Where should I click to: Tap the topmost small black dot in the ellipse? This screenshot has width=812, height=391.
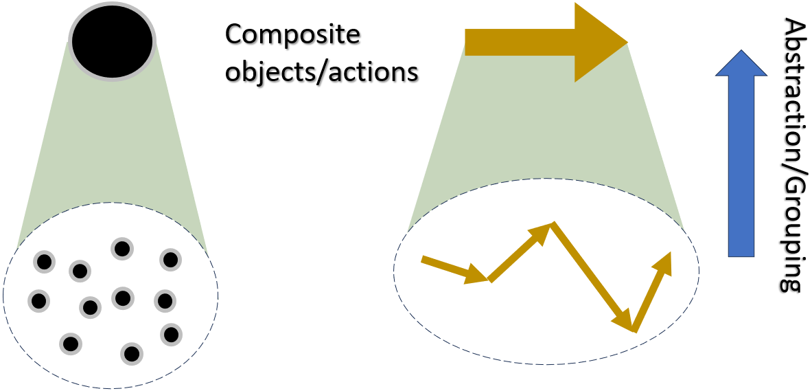[x=121, y=249]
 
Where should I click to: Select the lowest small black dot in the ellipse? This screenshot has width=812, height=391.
[x=132, y=354]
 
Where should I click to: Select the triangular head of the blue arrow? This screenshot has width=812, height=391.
[x=741, y=63]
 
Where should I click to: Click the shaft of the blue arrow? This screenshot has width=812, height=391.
[x=741, y=166]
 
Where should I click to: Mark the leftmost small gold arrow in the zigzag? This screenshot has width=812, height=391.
[x=454, y=269]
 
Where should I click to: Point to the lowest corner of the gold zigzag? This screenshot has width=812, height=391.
[x=631, y=331]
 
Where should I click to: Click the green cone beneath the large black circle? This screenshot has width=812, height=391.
[x=113, y=155]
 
